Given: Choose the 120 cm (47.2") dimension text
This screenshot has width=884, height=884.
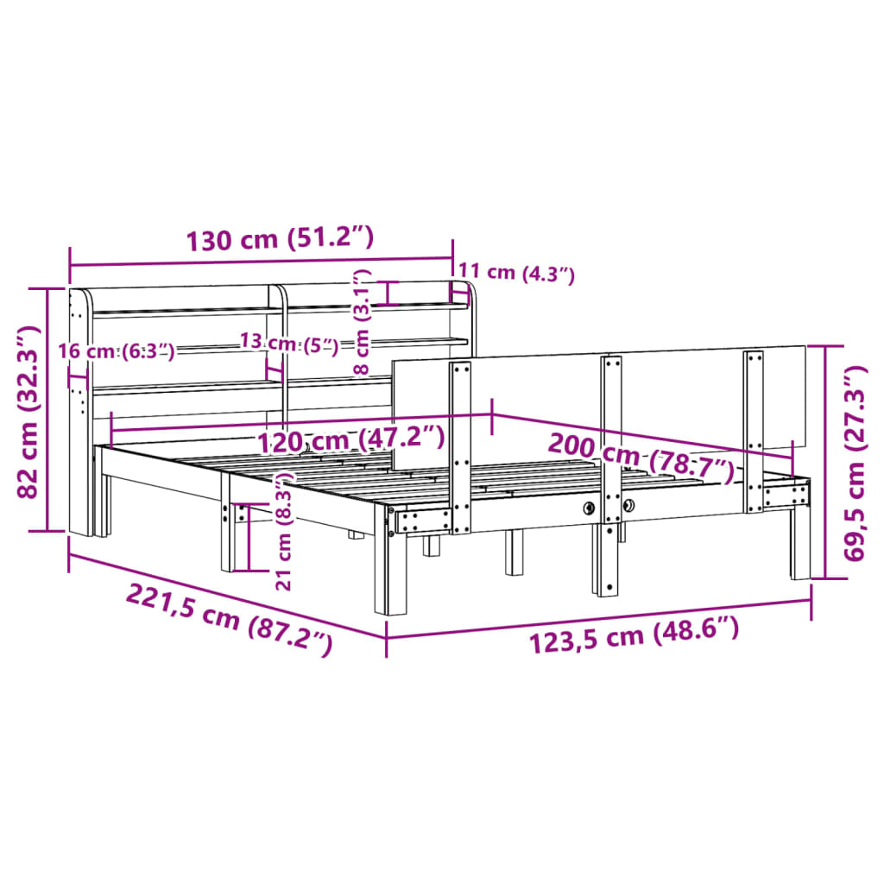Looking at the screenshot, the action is click(x=351, y=440).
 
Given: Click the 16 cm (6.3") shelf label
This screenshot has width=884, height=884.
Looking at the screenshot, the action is click(x=117, y=350).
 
